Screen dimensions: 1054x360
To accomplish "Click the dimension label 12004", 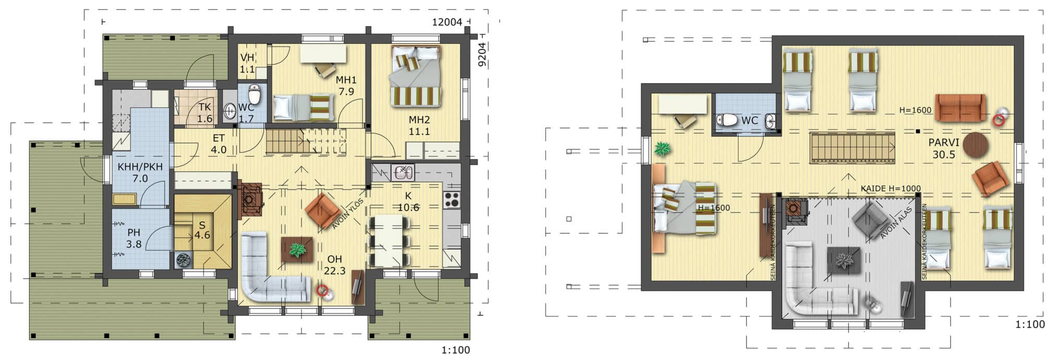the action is pos(447,22).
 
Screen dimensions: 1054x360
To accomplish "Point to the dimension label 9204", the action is pos(482,55).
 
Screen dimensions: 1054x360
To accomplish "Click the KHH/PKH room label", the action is pos(140,172).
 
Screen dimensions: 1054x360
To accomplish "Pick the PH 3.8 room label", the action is pos(134,238).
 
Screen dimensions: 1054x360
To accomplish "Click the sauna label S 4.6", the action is pos(202,230).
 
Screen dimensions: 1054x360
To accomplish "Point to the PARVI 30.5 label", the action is pos(944,148).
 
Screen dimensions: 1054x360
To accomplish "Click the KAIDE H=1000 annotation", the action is pos(890,189).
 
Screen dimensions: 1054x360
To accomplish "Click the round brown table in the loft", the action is pos(975,145).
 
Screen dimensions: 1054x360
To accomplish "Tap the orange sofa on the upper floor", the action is pos(960,108).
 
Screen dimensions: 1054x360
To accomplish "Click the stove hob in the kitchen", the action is pos(451,200).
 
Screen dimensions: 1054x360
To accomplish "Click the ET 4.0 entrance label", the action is pos(218,144).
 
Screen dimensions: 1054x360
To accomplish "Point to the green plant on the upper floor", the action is pos(663,150).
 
